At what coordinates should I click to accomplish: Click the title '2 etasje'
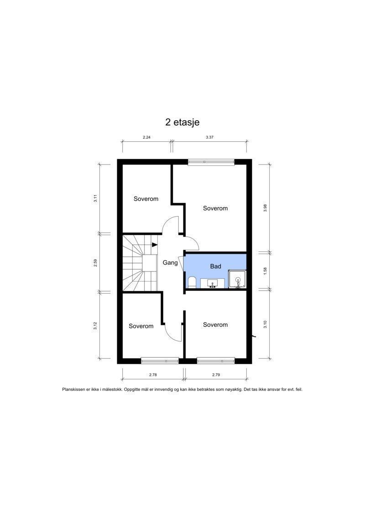point(182,123)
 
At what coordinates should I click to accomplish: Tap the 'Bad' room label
point(215,266)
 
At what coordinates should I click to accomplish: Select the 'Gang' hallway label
point(170,263)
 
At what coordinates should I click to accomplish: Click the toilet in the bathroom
point(192,282)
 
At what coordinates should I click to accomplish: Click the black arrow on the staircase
point(155,245)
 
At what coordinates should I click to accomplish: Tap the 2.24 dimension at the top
point(146,137)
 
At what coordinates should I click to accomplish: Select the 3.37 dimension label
point(210,137)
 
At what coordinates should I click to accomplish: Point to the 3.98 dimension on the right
point(265,208)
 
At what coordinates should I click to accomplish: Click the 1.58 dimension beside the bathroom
point(265,271)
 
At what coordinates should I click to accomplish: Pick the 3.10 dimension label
point(265,325)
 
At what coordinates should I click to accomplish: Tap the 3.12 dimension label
point(95,325)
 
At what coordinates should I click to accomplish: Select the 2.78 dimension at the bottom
point(153,375)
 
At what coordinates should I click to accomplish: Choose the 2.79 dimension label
point(216,375)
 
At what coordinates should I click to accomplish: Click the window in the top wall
point(211,162)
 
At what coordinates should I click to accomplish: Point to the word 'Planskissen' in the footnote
point(74,389)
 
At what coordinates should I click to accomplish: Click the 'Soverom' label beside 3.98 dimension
point(215,208)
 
